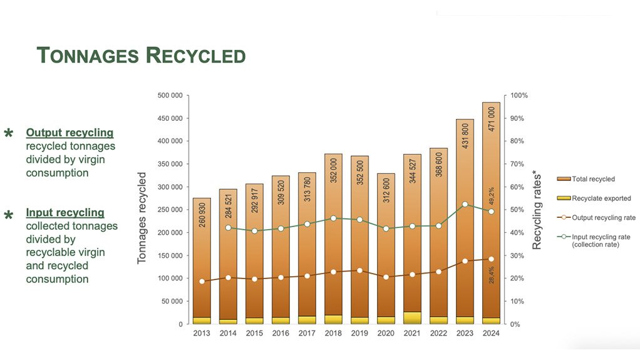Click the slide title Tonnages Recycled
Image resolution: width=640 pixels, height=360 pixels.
141,55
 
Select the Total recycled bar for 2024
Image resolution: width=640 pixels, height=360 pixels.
491,188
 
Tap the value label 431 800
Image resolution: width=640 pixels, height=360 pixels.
465,136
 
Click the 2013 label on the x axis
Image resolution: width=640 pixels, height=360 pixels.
202,333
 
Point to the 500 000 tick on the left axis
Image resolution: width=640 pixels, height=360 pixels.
169,95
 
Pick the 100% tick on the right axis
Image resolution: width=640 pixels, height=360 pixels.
520,95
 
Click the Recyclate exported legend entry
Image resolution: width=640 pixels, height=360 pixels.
601,198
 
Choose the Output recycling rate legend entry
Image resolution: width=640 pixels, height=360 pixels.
604,218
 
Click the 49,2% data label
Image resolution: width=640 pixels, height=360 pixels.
492,195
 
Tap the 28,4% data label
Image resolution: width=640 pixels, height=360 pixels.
492,275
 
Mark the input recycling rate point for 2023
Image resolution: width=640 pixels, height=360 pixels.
465,204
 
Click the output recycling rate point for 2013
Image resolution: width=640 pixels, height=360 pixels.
202,281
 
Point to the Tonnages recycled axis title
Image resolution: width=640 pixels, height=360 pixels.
142,218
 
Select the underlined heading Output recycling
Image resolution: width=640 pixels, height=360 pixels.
70,133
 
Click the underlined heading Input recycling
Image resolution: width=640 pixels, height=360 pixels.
65,213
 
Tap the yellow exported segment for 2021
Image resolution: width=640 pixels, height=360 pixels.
412,317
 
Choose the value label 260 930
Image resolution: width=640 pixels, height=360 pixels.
202,213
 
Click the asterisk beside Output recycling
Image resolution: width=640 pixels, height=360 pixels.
9,134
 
